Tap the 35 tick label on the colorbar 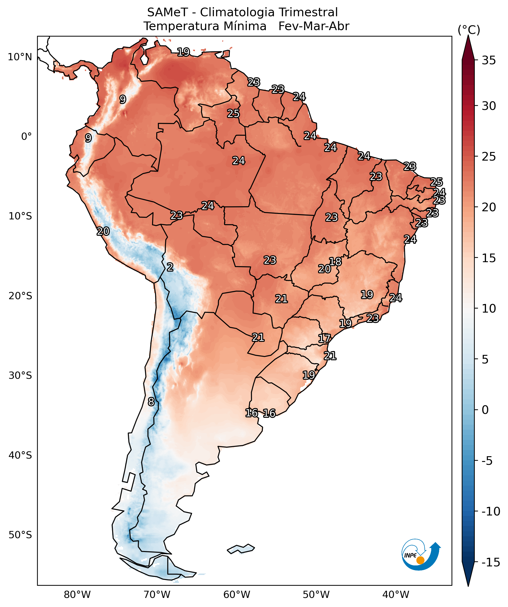pyautogui.click(x=489, y=61)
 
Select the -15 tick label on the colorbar pyautogui.click(x=491, y=562)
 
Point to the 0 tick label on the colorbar pyautogui.click(x=485, y=410)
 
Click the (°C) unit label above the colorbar pyautogui.click(x=469, y=30)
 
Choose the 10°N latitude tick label pyautogui.click(x=20, y=57)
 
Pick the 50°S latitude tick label pyautogui.click(x=20, y=535)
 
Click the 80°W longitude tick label pyautogui.click(x=77, y=595)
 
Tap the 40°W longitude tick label pyautogui.click(x=396, y=595)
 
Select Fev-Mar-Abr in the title pyautogui.click(x=314, y=26)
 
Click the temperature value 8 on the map pyautogui.click(x=151, y=402)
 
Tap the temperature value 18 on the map pyautogui.click(x=335, y=262)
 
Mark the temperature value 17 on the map pyautogui.click(x=324, y=338)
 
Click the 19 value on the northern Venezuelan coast pyautogui.click(x=183, y=52)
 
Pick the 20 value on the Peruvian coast pyautogui.click(x=103, y=231)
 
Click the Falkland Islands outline pyautogui.click(x=241, y=549)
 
